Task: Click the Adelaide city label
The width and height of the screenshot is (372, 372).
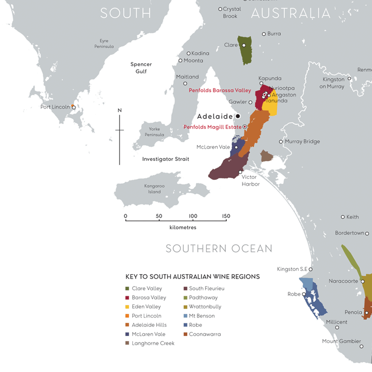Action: click(x=215, y=116)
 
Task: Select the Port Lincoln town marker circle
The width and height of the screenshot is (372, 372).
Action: click(x=74, y=107)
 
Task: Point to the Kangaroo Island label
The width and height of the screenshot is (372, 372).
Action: click(x=154, y=189)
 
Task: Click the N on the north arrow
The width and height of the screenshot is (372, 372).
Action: click(x=120, y=110)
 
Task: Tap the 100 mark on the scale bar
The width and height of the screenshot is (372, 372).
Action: click(x=193, y=216)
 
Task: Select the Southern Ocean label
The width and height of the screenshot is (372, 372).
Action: click(x=219, y=248)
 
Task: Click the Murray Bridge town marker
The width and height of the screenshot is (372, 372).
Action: click(x=281, y=142)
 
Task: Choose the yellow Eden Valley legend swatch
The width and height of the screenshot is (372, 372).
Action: click(x=128, y=307)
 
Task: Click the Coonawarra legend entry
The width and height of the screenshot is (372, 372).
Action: click(x=205, y=334)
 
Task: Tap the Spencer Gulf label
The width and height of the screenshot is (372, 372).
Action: click(x=141, y=68)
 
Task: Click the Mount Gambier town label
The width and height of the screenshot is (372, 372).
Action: click(x=342, y=341)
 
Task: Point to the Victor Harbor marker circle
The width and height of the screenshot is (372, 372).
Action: click(x=240, y=172)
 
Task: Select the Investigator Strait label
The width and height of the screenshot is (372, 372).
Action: click(x=165, y=159)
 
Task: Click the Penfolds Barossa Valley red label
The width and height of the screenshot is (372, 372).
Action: click(x=220, y=90)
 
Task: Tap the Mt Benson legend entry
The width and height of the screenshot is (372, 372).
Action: click(x=201, y=316)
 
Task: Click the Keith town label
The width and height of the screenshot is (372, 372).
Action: click(x=353, y=217)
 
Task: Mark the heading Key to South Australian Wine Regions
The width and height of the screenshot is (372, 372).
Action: click(x=193, y=277)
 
